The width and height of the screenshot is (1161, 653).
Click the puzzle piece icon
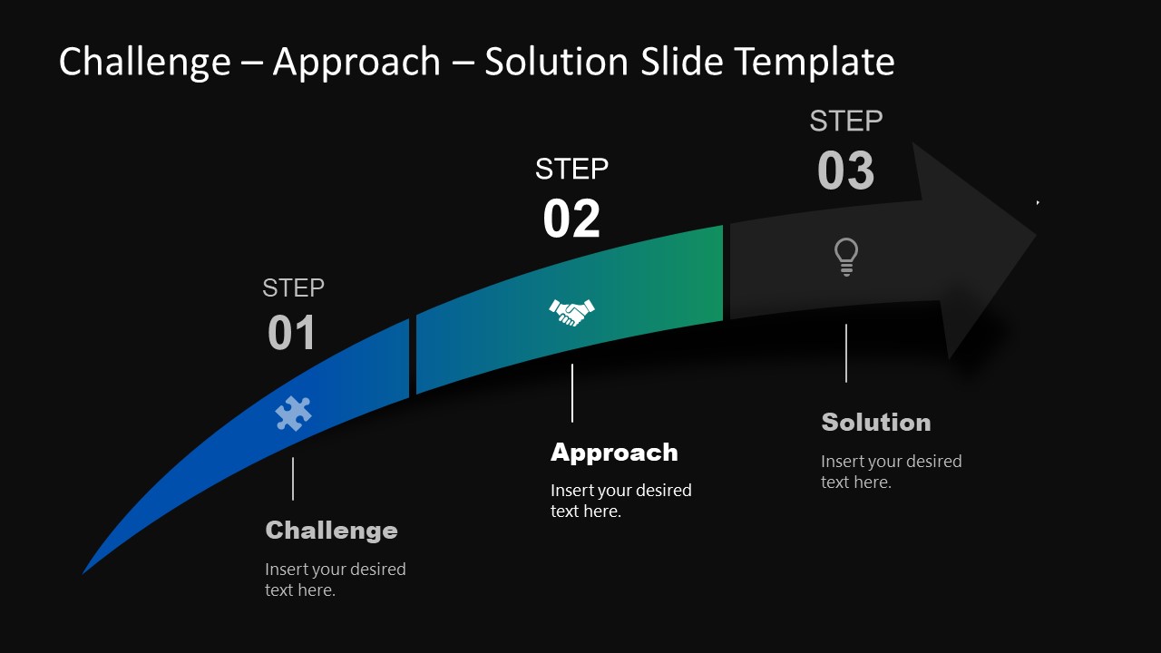(x=293, y=414)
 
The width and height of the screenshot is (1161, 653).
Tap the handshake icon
(x=571, y=312)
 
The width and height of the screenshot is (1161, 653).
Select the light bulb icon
(x=845, y=257)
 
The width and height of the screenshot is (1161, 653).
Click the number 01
(x=292, y=333)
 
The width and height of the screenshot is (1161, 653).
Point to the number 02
(x=571, y=219)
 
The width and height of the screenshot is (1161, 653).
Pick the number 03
(x=845, y=171)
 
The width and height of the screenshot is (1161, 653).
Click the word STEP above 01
(x=293, y=288)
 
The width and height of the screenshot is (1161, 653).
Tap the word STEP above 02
(x=571, y=169)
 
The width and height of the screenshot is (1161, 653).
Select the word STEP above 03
(x=845, y=121)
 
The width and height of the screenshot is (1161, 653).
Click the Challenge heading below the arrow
(x=331, y=531)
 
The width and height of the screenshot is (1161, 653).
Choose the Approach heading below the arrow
(x=614, y=453)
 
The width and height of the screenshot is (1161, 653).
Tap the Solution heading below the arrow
(x=875, y=423)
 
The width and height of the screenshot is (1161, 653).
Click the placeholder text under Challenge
(x=335, y=580)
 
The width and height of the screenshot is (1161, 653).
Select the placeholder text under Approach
(x=620, y=501)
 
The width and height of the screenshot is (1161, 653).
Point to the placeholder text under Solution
(x=891, y=472)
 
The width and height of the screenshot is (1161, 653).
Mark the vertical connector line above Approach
(x=572, y=393)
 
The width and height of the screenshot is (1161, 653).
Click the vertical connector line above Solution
(x=846, y=353)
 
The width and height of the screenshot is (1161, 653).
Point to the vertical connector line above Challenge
(x=293, y=479)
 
